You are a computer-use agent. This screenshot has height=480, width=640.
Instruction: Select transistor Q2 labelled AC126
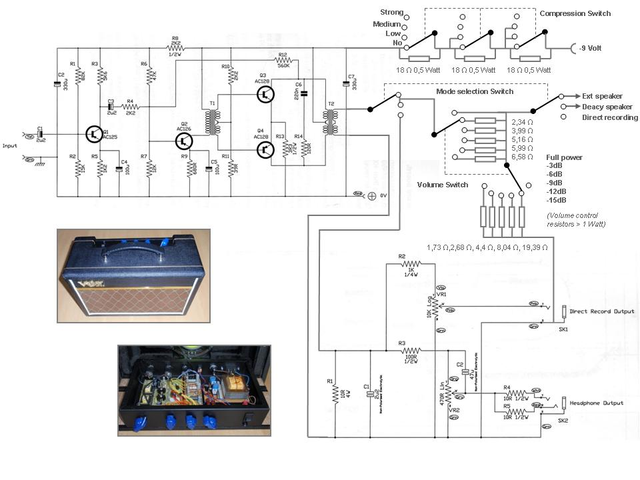click(184, 141)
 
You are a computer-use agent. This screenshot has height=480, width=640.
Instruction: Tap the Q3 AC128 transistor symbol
click(266, 95)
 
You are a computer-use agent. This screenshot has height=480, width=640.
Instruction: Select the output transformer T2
click(329, 122)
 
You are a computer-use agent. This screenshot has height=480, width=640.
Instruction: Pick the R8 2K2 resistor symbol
click(176, 48)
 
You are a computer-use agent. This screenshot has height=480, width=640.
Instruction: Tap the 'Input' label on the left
click(10, 145)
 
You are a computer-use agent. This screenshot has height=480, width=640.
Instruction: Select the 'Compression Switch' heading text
click(575, 13)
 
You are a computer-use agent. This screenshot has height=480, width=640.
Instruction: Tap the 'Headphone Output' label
click(598, 403)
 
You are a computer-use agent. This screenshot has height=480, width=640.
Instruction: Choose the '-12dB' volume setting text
click(557, 191)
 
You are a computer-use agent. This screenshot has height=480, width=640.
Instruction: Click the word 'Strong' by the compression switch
click(391, 12)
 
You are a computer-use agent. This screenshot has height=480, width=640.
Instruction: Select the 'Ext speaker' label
click(602, 96)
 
